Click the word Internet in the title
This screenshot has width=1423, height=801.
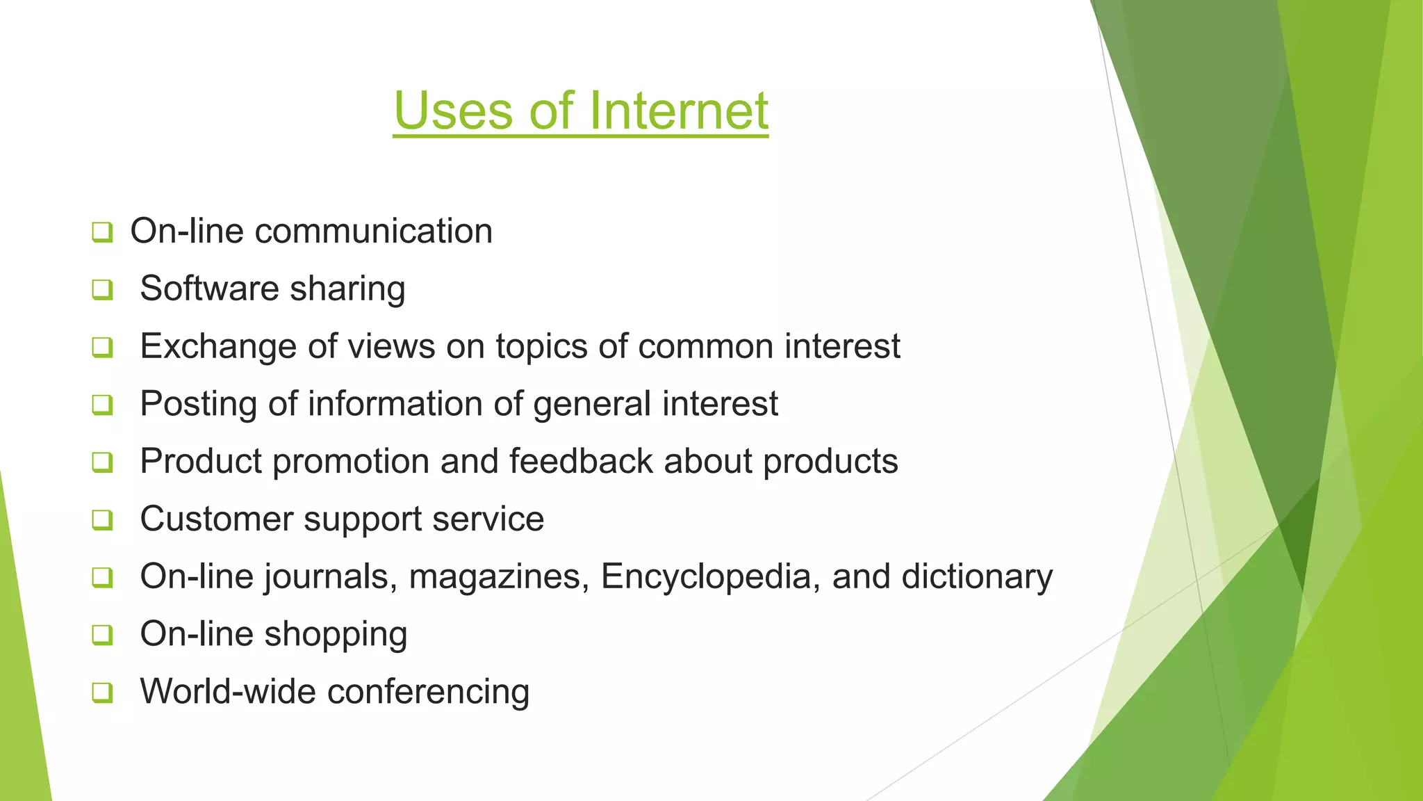(x=679, y=111)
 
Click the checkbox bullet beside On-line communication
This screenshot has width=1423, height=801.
(x=102, y=232)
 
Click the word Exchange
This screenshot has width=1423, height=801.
(x=218, y=347)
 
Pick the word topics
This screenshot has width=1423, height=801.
(x=541, y=347)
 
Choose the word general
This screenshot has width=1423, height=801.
(x=592, y=405)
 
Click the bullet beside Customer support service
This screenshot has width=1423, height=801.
(x=102, y=519)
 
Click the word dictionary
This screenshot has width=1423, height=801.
(x=977, y=577)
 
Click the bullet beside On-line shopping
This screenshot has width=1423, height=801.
(x=102, y=634)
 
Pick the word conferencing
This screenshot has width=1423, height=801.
(x=428, y=693)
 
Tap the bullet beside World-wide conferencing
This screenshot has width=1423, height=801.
(x=102, y=692)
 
